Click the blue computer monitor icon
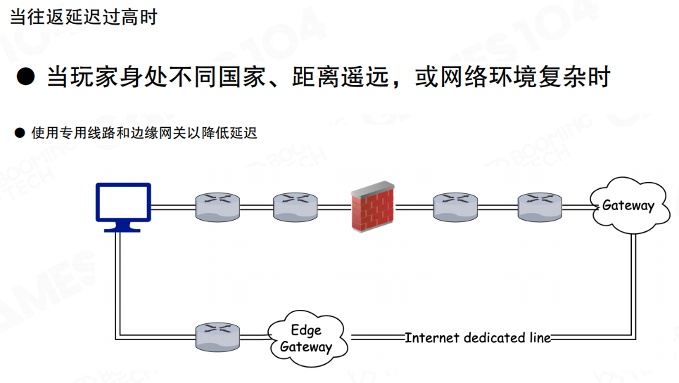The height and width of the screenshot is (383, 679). [x=123, y=204]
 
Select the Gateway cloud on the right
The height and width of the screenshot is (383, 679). [x=628, y=206]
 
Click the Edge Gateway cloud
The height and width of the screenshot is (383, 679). [x=306, y=339]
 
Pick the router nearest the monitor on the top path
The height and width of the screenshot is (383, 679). [x=217, y=207]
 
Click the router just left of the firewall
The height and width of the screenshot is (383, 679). [x=296, y=207]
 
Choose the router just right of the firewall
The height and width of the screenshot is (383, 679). [x=455, y=207]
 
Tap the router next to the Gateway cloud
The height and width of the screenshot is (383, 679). [x=540, y=207]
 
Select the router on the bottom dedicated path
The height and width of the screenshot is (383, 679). [x=217, y=337]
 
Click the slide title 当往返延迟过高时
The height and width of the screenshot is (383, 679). [x=83, y=17]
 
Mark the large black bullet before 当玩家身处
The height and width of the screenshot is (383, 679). [x=25, y=77]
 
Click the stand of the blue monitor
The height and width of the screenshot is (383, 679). [x=122, y=226]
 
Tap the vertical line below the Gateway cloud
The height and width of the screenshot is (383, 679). [x=635, y=281]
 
